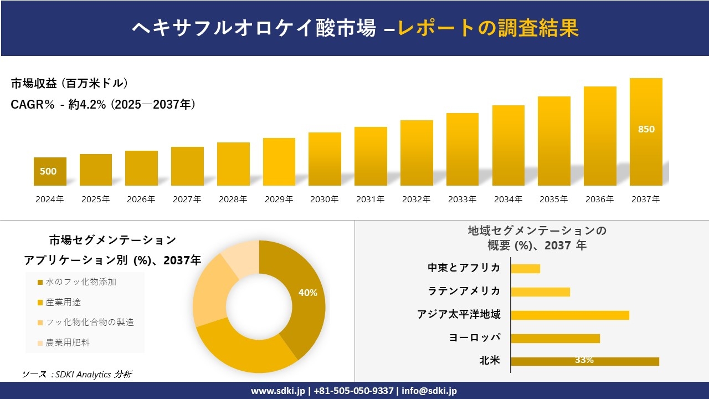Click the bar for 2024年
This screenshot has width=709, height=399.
click(x=50, y=171)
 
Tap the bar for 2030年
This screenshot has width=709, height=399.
click(x=325, y=159)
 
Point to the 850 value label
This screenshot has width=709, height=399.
click(x=646, y=129)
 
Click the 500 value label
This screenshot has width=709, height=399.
click(x=48, y=171)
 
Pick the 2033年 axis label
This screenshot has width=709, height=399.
click(x=462, y=199)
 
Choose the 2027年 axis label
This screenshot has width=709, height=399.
click(x=187, y=199)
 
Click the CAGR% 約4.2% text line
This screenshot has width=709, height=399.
click(x=103, y=105)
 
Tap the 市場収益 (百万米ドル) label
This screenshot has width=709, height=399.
click(x=70, y=84)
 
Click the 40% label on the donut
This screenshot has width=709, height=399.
click(x=307, y=293)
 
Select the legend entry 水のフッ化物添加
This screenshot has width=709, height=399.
click(x=80, y=282)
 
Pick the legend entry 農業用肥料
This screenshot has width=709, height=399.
click(x=67, y=342)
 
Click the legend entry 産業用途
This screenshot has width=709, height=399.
click(x=63, y=303)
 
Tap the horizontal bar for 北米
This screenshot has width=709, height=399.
click(x=584, y=361)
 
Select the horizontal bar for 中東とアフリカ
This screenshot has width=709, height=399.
click(x=525, y=268)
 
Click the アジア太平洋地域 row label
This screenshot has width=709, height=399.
click(x=459, y=315)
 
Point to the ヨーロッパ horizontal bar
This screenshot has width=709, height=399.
click(x=555, y=338)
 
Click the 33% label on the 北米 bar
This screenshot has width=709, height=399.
click(x=584, y=360)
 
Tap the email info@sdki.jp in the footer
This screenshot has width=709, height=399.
click(x=429, y=391)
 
